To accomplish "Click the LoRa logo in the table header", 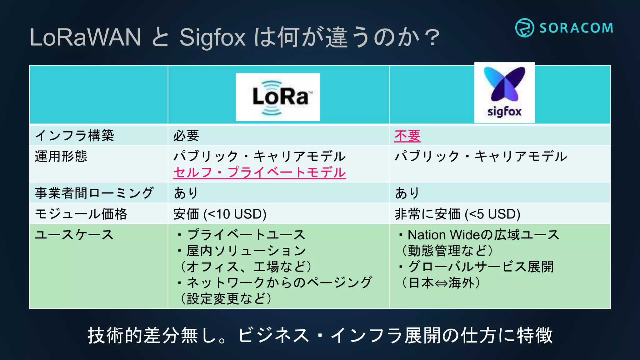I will (278, 97).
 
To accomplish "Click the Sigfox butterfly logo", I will (504, 84).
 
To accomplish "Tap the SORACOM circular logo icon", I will (524, 28).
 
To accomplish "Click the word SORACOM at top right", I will (576, 28).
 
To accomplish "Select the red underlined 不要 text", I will (407, 136).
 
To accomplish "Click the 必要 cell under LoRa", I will (186, 136).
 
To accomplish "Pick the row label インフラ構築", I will (74, 136).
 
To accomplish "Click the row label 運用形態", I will (61, 156).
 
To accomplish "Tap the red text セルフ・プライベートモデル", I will (259, 172).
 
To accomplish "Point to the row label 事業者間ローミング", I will (94, 193).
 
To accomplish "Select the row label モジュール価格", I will (81, 214).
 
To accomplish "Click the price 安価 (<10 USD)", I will (220, 214).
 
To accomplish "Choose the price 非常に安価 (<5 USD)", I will (457, 214).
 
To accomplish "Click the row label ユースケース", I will (74, 235).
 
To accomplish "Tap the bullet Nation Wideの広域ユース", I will (483, 235).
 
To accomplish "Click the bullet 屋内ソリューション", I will (246, 251).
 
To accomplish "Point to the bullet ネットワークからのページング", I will (279, 282).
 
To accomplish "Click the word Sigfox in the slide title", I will (212, 37).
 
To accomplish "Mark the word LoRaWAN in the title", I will (85, 37).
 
